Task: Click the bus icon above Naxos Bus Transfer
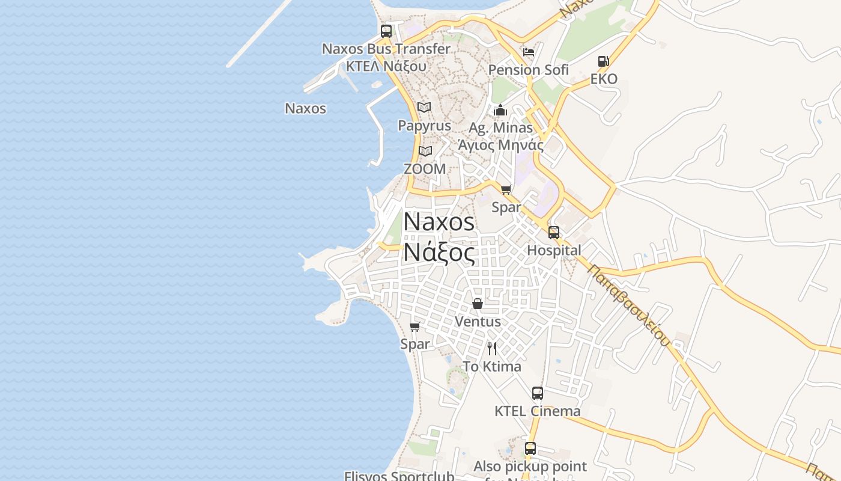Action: click(386, 31)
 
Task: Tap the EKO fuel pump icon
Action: click(603, 61)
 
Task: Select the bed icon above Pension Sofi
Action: click(529, 52)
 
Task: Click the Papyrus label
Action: click(424, 126)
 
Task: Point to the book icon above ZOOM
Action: click(425, 151)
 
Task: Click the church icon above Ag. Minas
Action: click(500, 110)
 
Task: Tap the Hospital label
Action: click(554, 250)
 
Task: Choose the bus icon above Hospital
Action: click(554, 232)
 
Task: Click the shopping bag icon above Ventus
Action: click(478, 304)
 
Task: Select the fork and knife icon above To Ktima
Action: click(492, 349)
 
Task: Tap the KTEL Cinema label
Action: click(538, 411)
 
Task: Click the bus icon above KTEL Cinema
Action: click(538, 393)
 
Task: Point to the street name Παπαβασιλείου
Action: click(629, 305)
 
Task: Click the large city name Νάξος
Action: click(439, 252)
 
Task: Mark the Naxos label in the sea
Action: click(305, 109)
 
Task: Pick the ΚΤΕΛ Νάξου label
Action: click(386, 66)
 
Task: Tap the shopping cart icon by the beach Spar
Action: click(414, 327)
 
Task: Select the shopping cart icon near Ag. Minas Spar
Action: click(506, 190)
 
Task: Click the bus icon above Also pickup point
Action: click(530, 449)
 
